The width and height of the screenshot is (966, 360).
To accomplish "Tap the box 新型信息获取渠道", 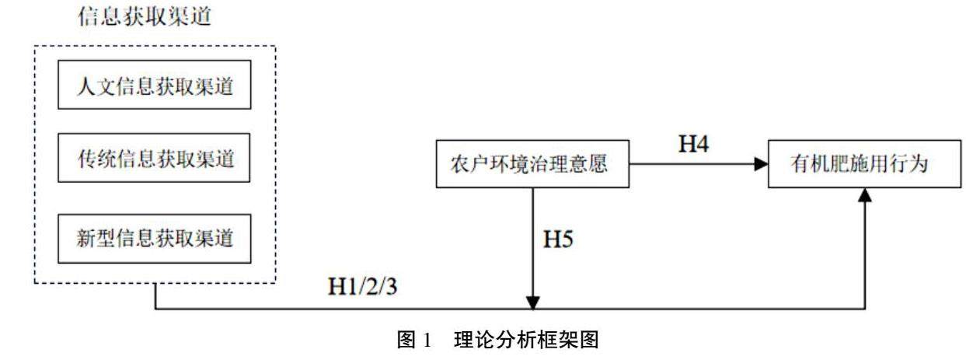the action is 155,236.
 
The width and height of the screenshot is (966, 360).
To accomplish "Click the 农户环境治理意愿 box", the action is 532,165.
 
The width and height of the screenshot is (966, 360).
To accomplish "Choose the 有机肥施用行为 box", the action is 864,165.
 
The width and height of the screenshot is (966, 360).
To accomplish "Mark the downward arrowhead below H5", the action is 532,300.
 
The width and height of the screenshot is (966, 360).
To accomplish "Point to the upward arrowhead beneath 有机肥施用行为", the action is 865,196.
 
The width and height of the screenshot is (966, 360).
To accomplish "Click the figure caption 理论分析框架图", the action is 526,341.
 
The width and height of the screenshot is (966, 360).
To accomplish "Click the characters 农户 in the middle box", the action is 468,165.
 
